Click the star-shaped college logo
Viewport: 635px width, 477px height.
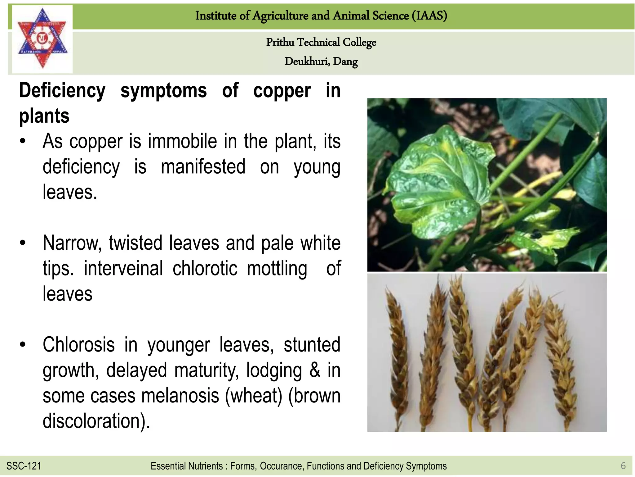42,39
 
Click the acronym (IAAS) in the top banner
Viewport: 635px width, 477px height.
429,16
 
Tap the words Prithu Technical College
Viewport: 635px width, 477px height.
321,42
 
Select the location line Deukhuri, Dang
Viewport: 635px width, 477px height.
321,61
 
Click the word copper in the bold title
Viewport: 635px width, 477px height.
282,91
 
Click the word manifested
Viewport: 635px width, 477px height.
203,167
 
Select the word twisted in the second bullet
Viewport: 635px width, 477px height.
135,243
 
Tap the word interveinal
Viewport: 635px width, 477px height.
123,268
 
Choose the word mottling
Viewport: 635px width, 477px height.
277,268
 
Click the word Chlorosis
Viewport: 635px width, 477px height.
78,345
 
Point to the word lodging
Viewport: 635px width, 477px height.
274,370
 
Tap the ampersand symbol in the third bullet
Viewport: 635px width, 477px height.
315,370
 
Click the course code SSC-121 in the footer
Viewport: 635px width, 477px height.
24,466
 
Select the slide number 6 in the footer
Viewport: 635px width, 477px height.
623,466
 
